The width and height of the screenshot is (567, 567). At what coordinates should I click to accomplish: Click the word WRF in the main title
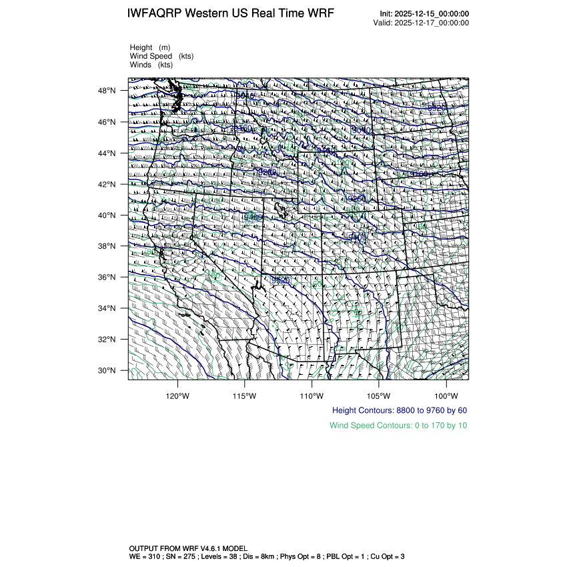pos(319,14)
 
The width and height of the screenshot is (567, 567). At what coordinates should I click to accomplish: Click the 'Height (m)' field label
pos(150,47)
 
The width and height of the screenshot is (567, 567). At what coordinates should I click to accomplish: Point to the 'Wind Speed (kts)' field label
pos(161,56)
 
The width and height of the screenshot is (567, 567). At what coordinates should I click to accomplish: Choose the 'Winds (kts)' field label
pos(151,65)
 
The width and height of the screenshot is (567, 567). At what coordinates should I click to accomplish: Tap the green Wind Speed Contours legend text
pos(398,425)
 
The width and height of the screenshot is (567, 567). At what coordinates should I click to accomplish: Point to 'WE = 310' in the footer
pos(145,556)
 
